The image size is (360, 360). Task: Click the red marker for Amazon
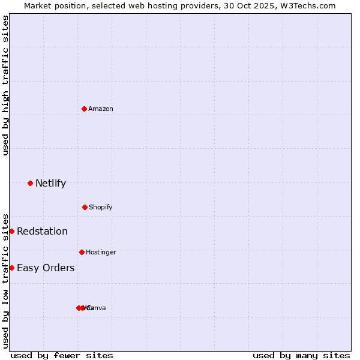click(85, 109)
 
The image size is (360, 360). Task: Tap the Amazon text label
click(101, 109)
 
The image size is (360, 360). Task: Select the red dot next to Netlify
click(30, 183)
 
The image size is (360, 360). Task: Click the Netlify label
click(50, 184)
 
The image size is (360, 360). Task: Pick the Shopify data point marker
click(85, 207)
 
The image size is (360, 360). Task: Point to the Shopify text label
click(101, 207)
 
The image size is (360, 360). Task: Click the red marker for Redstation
click(11, 231)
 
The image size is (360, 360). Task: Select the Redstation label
click(42, 232)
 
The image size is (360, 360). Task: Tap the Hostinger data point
click(82, 252)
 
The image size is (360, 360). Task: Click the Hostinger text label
click(101, 252)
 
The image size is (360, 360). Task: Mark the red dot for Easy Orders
click(11, 268)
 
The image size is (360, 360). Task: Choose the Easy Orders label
click(46, 268)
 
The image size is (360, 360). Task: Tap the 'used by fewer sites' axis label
click(62, 355)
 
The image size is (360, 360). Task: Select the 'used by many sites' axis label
click(301, 355)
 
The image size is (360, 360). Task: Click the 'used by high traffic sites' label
click(5, 85)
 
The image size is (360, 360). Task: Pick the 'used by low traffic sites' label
click(5, 281)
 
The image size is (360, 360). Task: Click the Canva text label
click(96, 308)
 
